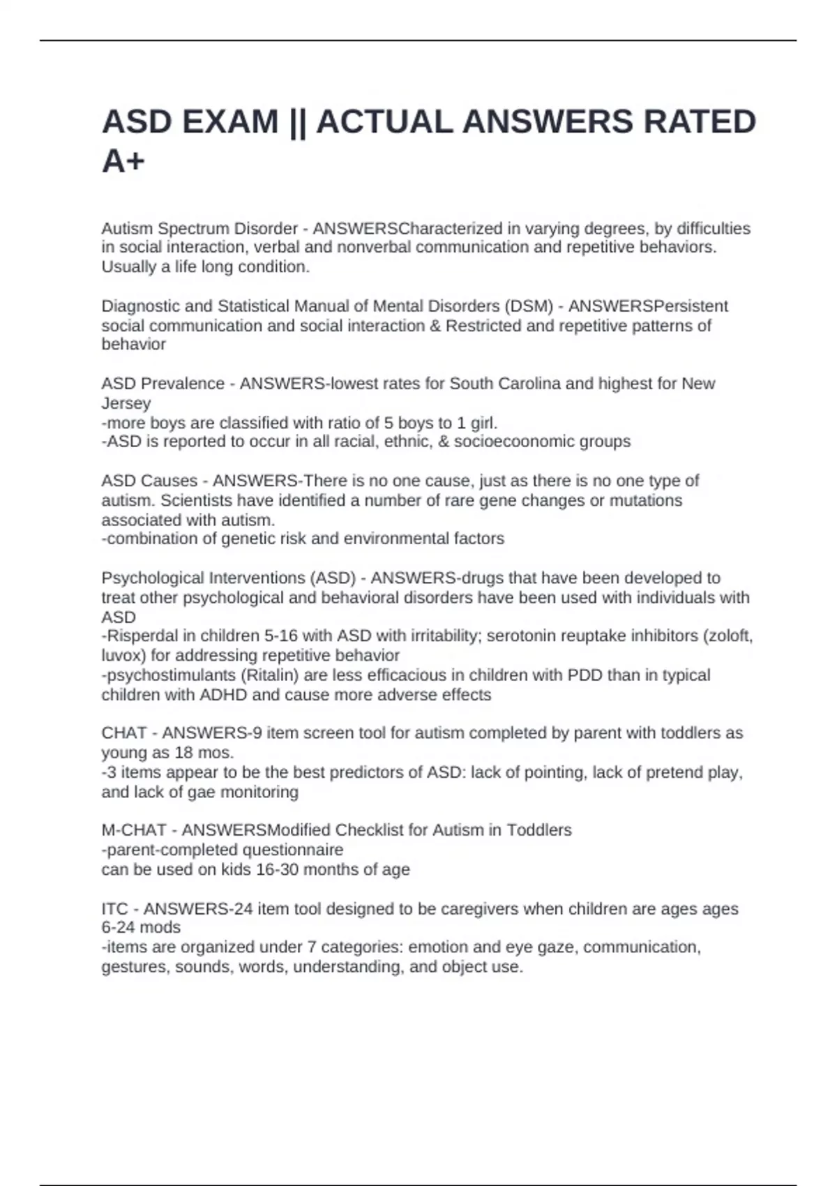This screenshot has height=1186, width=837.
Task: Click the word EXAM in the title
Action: point(230,122)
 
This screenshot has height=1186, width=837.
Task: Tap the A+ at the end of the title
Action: point(123,162)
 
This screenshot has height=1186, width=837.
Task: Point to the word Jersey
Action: point(126,403)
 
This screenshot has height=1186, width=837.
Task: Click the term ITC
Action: point(115,909)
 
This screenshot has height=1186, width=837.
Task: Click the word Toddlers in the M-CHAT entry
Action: point(538,830)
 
